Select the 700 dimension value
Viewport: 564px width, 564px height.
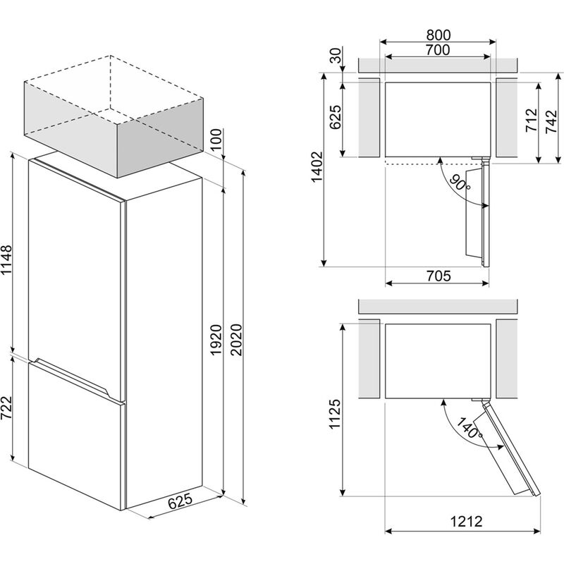point(438,50)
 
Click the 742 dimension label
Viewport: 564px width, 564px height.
point(551,120)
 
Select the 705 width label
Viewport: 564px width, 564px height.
point(438,276)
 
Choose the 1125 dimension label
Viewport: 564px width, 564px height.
point(335,417)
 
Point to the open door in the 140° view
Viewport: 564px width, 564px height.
point(507,448)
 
